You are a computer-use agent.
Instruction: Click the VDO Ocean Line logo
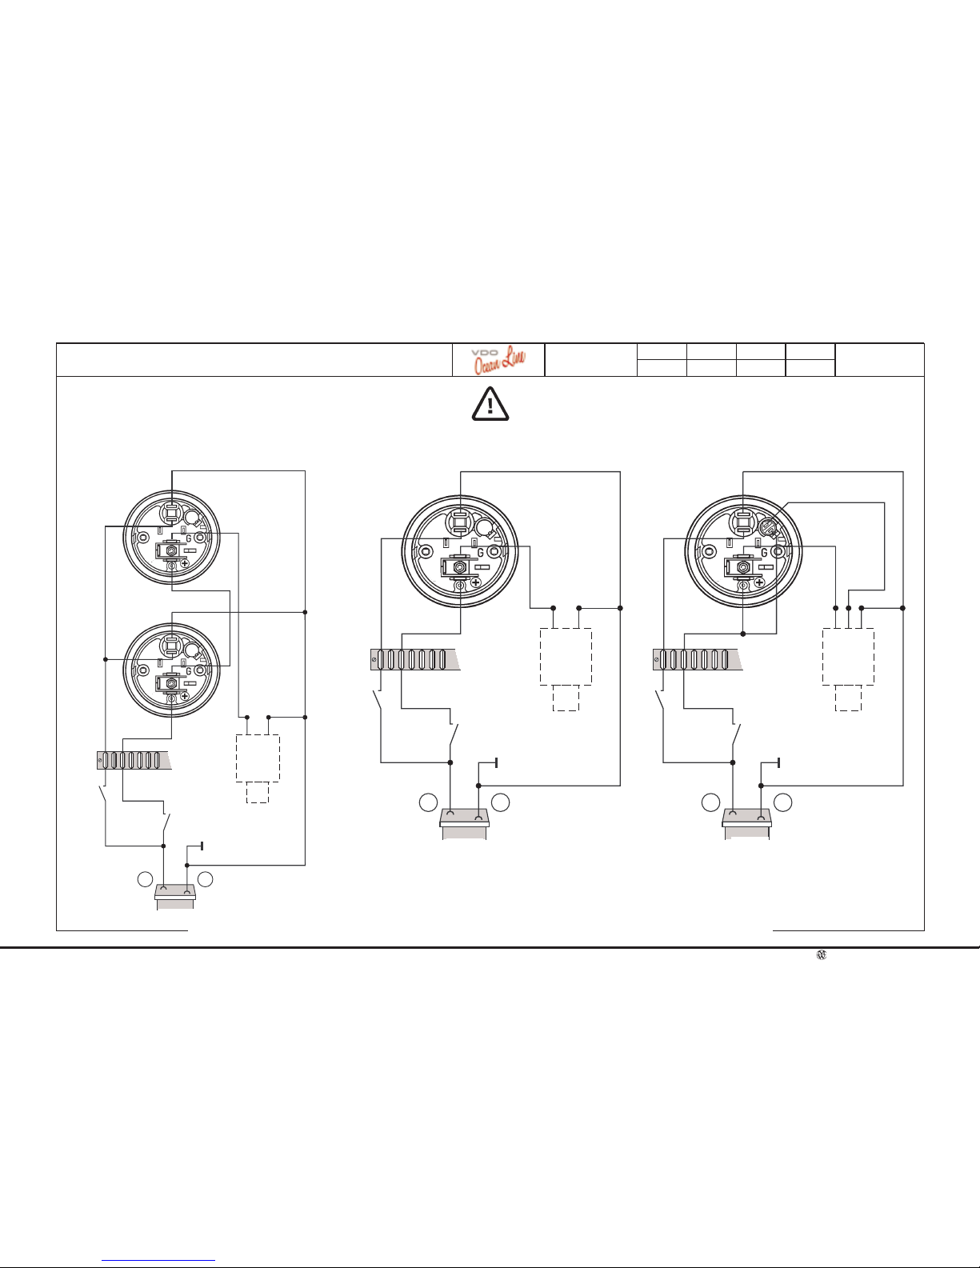[498, 360]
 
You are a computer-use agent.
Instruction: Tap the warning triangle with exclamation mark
[490, 404]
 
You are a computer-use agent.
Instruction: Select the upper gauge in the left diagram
[171, 538]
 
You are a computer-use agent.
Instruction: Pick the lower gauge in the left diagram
[171, 670]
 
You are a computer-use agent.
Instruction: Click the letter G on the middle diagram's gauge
[480, 553]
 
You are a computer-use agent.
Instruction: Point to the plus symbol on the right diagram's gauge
[759, 582]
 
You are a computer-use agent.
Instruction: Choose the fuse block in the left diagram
[134, 760]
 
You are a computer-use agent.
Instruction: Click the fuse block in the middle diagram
[415, 659]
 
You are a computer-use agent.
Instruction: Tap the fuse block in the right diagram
[698, 659]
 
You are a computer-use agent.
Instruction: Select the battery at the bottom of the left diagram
[175, 896]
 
